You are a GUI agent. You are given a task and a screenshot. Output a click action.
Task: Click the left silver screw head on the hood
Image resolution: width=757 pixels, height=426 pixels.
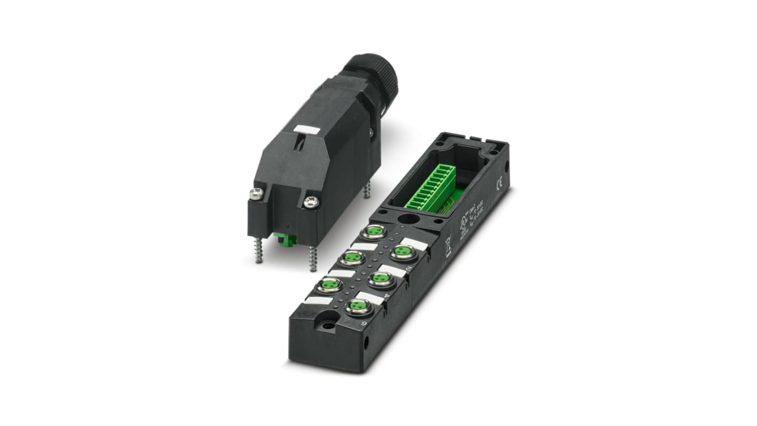(x=256, y=194)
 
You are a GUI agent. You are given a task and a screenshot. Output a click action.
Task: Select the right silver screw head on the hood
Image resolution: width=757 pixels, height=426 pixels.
(x=311, y=201)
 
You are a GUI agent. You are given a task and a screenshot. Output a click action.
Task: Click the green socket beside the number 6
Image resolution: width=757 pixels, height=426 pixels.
(x=358, y=306)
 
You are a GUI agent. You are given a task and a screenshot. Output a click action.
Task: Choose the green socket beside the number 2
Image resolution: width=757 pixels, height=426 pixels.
(x=402, y=252)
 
